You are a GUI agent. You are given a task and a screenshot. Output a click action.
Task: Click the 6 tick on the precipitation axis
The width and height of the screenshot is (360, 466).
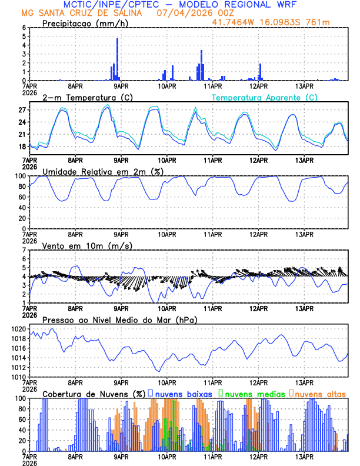pyautogui.click(x=24, y=28)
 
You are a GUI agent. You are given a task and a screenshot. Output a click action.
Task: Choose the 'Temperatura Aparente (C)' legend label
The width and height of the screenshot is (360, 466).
pyautogui.click(x=265, y=97)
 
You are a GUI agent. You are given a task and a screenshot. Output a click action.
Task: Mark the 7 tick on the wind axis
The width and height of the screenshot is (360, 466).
pyautogui.click(x=24, y=250)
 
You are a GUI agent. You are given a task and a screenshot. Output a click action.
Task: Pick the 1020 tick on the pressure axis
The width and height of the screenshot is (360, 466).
pyautogui.click(x=16, y=329)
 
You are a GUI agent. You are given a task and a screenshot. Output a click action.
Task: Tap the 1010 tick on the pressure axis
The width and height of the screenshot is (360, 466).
pyautogui.click(x=16, y=377)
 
